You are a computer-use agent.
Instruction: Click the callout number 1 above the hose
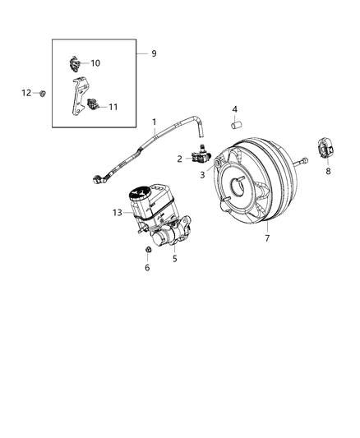click(x=154, y=122)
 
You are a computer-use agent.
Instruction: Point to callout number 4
click(x=234, y=108)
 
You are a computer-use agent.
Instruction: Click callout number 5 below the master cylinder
click(x=173, y=258)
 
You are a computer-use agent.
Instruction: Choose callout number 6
click(x=147, y=267)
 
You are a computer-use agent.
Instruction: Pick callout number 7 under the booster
click(x=265, y=238)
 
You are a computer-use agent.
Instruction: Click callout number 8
click(x=329, y=172)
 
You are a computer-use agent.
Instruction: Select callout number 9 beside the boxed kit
click(x=153, y=53)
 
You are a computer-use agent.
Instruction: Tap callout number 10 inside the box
click(x=95, y=62)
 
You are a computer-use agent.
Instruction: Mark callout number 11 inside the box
click(x=113, y=107)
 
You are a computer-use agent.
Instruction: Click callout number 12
click(x=26, y=92)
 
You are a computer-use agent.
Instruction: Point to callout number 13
click(x=117, y=212)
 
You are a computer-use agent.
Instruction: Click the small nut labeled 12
click(x=42, y=93)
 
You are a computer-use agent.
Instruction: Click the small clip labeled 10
click(x=73, y=62)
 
